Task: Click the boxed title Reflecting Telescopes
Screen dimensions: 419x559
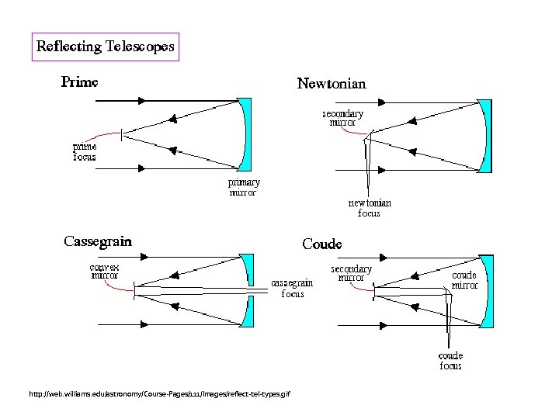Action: coord(106,47)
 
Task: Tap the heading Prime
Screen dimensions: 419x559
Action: coord(80,81)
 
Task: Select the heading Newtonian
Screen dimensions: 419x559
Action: coord(331,83)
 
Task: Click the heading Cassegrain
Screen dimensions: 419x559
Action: coord(97,241)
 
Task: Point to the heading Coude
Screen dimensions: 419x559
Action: coord(321,244)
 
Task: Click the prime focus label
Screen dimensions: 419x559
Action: coord(85,151)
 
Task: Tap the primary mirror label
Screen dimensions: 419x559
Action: coord(242,187)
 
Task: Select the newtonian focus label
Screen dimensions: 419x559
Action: coord(369,207)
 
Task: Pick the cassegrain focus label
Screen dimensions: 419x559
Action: coord(292,288)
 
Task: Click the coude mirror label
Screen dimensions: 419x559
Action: coord(464,279)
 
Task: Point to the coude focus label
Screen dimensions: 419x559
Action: coord(450,361)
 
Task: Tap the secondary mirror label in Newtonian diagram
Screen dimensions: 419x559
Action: coord(342,118)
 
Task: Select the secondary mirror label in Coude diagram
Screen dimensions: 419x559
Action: coord(351,273)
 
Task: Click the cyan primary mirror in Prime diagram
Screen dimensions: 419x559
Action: coord(245,133)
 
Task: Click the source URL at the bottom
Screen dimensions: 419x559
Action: coord(159,395)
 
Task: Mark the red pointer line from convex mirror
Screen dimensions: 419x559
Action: coord(124,287)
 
